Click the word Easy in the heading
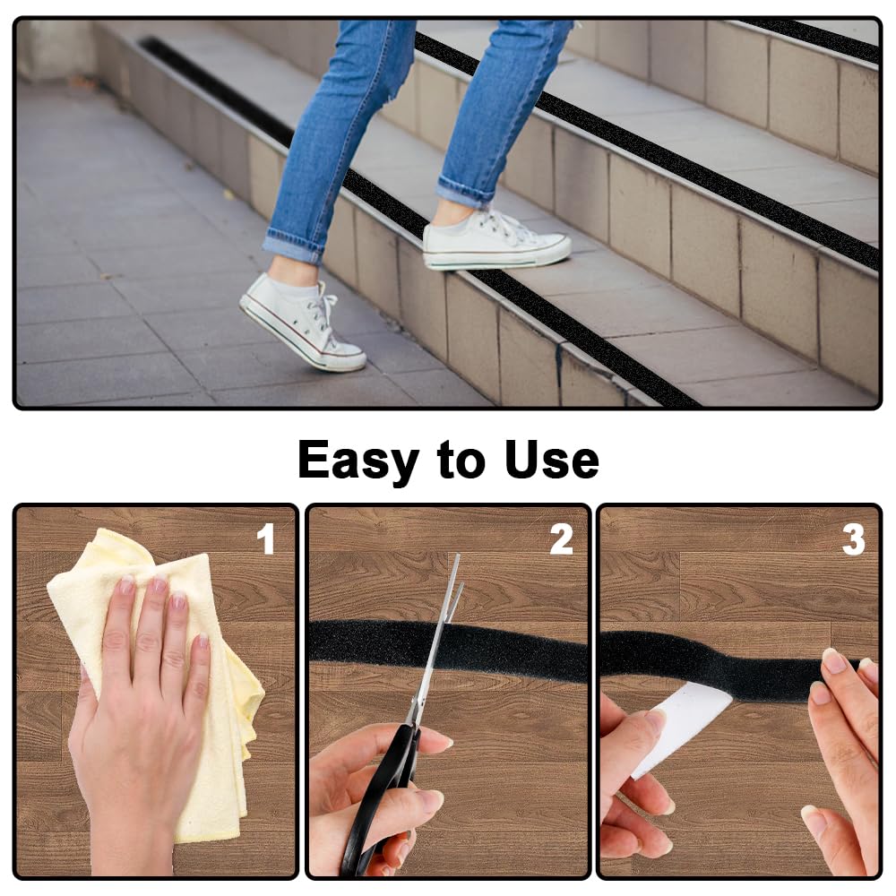point(358,461)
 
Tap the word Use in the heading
point(552,460)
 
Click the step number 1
point(266,539)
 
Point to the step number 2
point(561,539)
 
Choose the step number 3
point(853,540)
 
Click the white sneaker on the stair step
point(496,240)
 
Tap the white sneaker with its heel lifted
point(302,323)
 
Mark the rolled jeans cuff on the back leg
point(294,246)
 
